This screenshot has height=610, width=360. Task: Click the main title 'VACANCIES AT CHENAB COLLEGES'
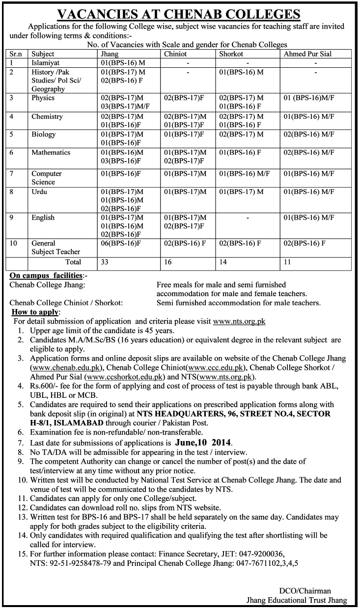tap(180, 13)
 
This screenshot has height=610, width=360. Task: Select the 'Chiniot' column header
tap(175, 54)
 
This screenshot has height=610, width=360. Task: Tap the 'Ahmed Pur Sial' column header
tap(308, 54)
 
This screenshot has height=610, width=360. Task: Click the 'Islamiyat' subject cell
tap(46, 63)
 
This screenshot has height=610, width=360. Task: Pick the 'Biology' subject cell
tap(44, 134)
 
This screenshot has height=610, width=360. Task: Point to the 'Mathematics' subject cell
tap(51, 152)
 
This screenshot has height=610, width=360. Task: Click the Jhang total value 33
tap(105, 262)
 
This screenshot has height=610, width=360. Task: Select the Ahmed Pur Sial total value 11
tap(287, 262)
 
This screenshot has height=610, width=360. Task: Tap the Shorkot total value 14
tap(223, 262)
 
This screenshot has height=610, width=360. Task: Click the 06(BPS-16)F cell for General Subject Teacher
tap(121, 243)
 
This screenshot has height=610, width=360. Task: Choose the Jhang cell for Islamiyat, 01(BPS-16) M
tap(123, 63)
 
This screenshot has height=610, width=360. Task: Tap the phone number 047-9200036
tap(262, 553)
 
